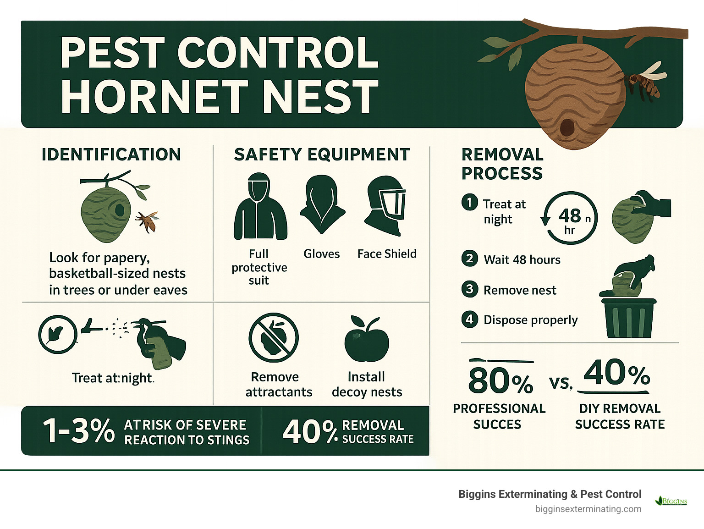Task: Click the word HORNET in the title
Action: coord(154,96)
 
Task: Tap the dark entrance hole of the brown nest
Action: coord(567,127)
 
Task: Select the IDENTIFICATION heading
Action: coord(111,155)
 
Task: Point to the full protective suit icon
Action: coord(260,207)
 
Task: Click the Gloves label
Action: coord(322,254)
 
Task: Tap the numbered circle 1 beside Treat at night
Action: coord(469,202)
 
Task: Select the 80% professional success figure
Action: coord(500,380)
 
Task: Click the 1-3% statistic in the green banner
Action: coord(78,431)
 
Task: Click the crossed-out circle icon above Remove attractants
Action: coord(274,338)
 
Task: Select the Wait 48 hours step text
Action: coord(522,260)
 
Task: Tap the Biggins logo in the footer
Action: coord(672,501)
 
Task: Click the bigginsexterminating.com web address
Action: coord(588,509)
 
